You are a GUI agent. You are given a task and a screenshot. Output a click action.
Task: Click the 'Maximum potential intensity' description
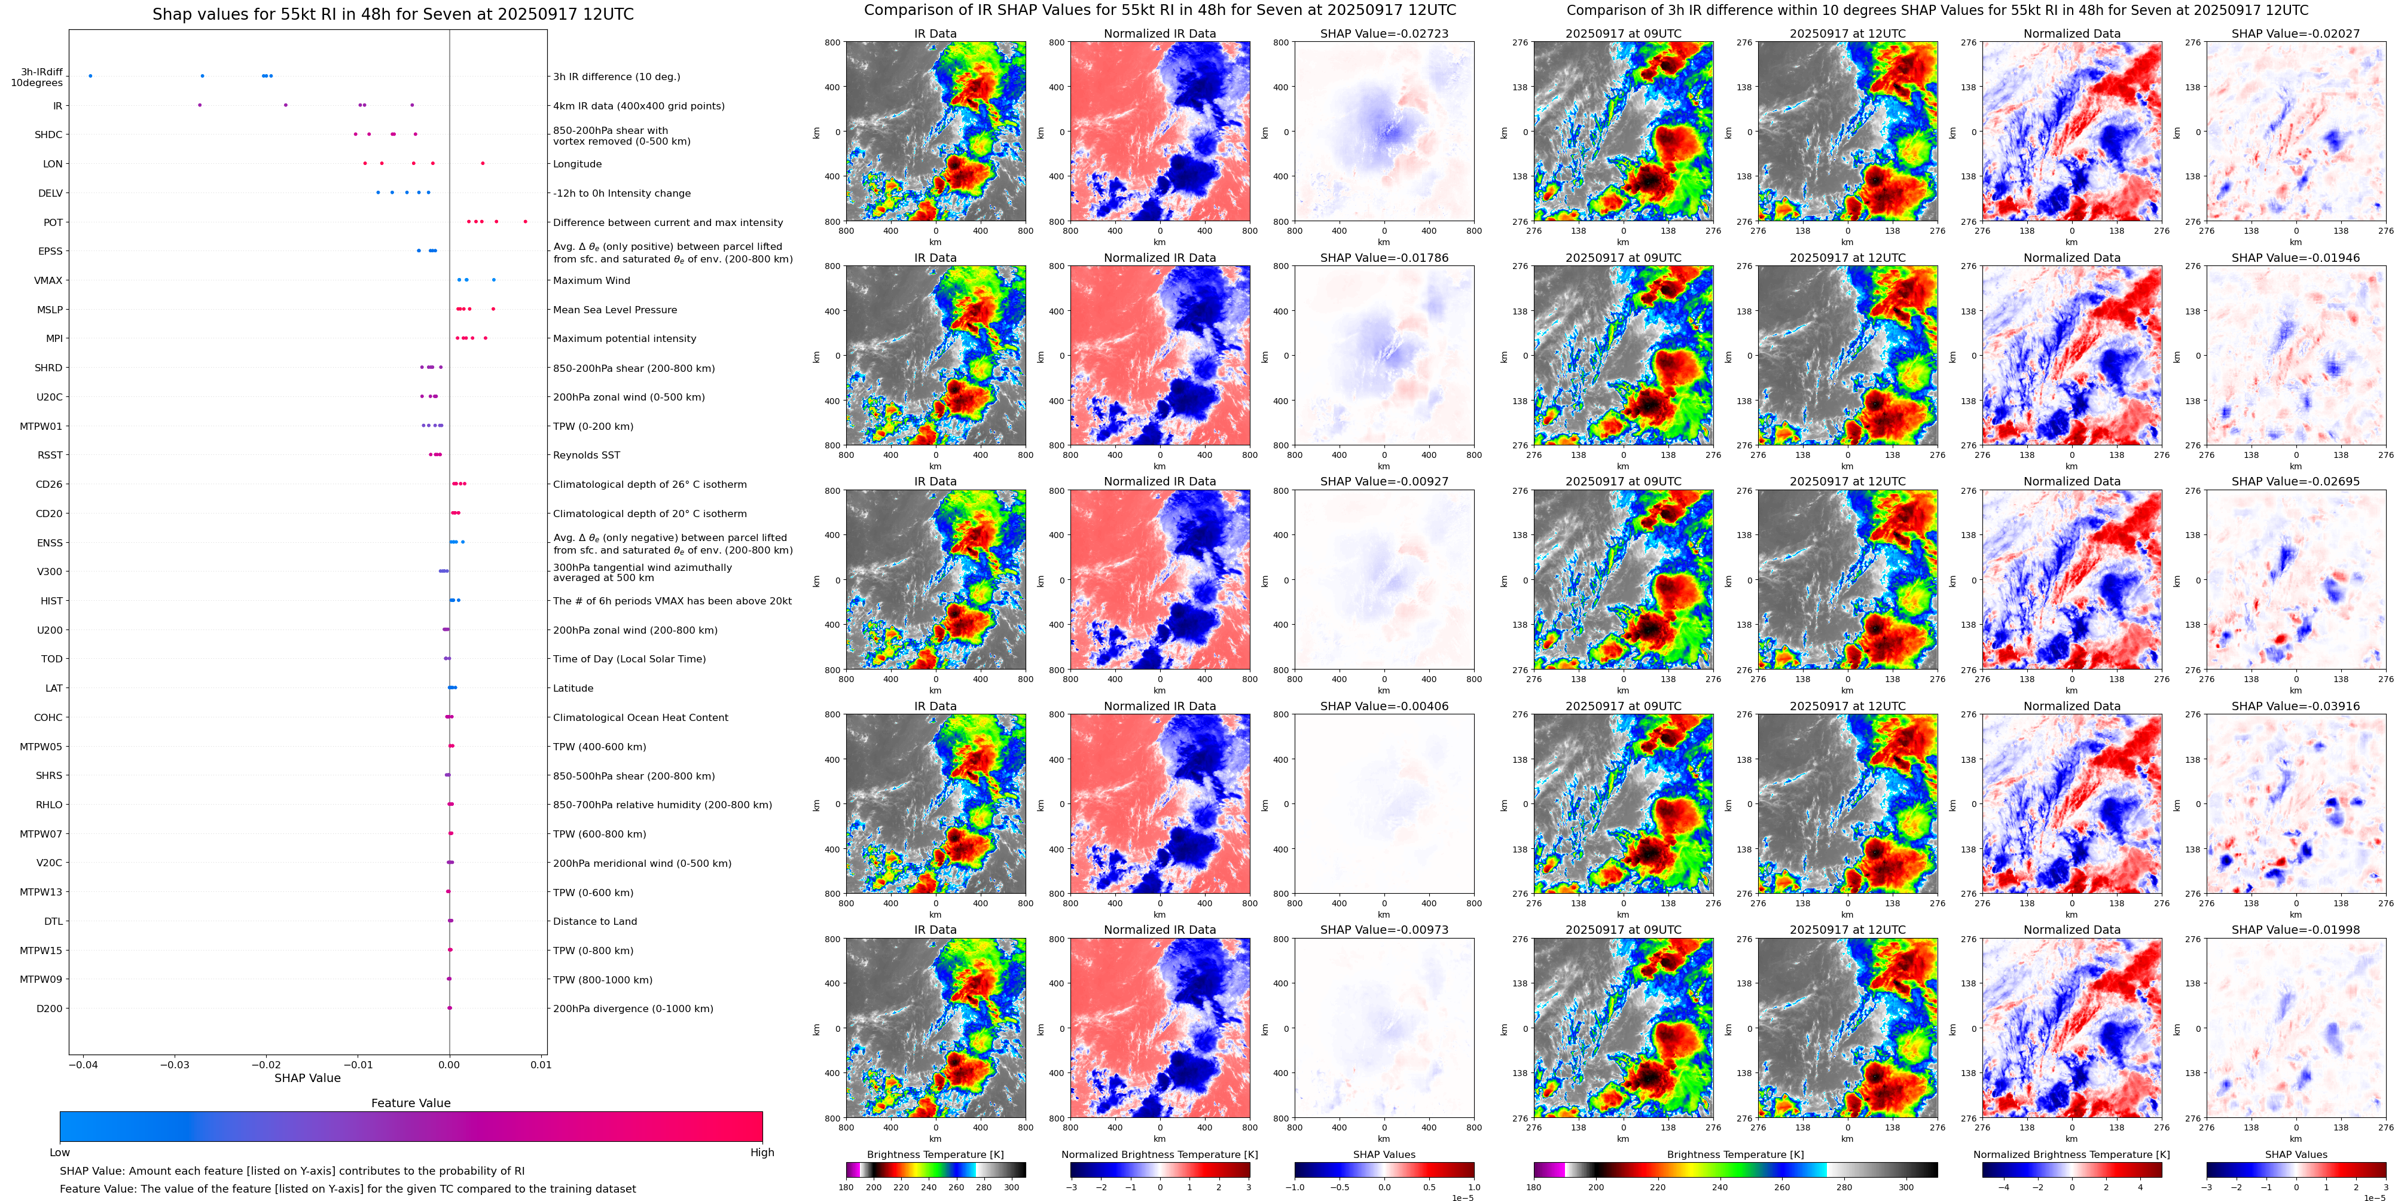coord(624,339)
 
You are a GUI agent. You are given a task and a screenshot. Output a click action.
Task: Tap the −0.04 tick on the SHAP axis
coord(83,1065)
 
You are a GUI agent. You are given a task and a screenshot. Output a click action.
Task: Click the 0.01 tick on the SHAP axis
coord(541,1065)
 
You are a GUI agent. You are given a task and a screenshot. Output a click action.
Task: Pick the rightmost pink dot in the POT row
coord(526,222)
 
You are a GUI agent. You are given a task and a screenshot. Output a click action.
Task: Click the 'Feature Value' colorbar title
coord(411,1103)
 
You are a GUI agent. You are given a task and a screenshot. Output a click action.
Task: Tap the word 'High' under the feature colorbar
coord(762,1153)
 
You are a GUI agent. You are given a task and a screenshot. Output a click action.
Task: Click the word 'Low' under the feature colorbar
coord(60,1153)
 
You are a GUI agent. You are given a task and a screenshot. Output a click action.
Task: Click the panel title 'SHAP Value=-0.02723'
coord(1384,33)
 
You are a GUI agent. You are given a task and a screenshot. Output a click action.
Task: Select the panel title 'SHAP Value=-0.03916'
coord(2296,706)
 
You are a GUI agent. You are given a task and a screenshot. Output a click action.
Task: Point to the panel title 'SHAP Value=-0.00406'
coord(1384,706)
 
